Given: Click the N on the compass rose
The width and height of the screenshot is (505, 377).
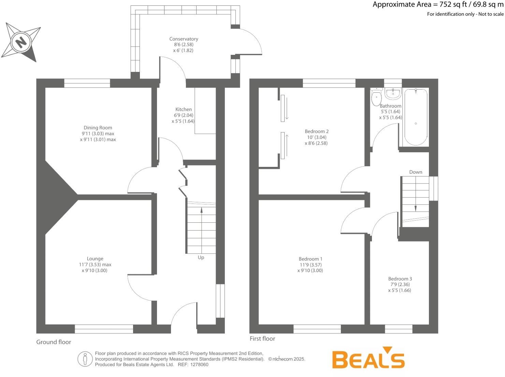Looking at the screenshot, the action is [21, 42].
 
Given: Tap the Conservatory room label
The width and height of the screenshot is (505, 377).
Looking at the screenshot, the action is [184, 39].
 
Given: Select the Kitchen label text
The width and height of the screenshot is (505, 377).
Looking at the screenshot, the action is [183, 109].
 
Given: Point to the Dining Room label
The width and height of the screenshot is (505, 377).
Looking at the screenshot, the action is [98, 128].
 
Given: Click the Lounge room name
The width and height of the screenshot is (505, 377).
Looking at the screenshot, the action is [95, 259].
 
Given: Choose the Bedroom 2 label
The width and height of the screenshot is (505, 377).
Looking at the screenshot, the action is [317, 131].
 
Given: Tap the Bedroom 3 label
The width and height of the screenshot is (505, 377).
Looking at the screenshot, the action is [400, 279].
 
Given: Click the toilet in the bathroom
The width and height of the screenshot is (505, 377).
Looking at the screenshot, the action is [376, 97].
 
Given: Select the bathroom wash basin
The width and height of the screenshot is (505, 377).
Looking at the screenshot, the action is [393, 94].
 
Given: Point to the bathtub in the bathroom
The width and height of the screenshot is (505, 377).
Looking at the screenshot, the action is [416, 117].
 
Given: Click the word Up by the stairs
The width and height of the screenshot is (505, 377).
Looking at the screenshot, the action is [201, 257].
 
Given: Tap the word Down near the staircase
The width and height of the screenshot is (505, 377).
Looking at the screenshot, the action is [416, 172].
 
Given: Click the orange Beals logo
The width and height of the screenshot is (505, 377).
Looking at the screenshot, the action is [368, 358].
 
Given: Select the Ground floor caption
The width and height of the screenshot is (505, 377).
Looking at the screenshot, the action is [54, 342].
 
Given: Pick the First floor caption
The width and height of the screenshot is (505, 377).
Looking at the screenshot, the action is [262, 339].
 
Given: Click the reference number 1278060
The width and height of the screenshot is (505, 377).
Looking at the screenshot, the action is [199, 365].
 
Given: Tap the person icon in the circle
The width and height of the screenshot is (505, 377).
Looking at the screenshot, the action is [85, 359].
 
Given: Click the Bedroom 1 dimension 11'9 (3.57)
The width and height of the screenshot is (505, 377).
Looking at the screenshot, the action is [311, 265].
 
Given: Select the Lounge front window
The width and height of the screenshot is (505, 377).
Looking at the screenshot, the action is [104, 329].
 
